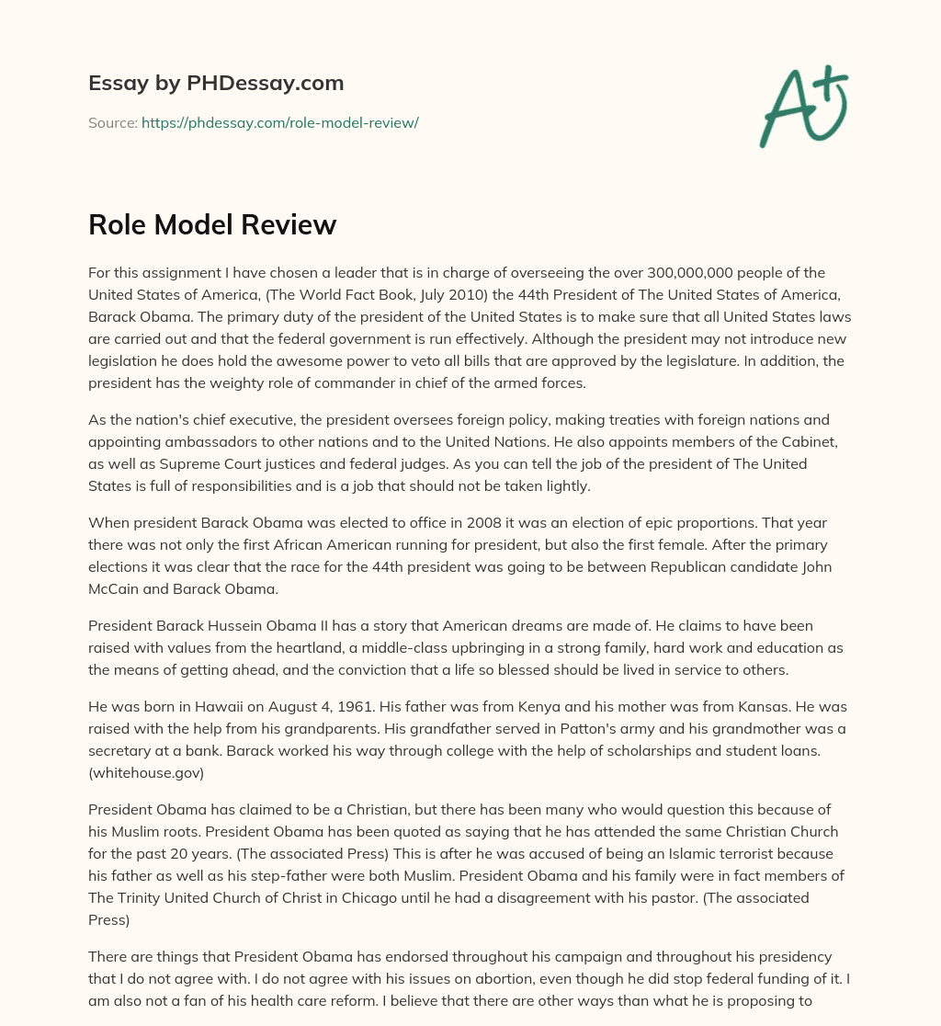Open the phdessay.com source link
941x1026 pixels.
pyautogui.click(x=279, y=122)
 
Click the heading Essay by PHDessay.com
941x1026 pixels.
pyautogui.click(x=216, y=84)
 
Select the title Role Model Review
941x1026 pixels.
pyautogui.click(x=212, y=225)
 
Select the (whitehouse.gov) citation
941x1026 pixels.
pyautogui.click(x=147, y=773)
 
